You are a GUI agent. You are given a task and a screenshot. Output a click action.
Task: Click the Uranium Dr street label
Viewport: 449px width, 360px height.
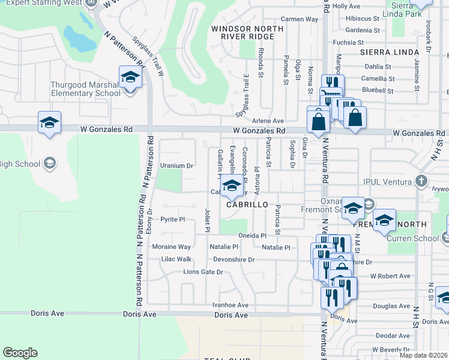click(x=176, y=166)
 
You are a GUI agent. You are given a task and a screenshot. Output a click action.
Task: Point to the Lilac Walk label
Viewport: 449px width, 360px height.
click(x=176, y=259)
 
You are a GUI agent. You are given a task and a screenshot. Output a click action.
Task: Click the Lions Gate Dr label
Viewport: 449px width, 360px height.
click(x=203, y=272)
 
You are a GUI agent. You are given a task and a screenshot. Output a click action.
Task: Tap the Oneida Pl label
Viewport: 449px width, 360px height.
click(x=252, y=236)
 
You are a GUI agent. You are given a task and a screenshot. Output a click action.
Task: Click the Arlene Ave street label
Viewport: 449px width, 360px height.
click(x=268, y=121)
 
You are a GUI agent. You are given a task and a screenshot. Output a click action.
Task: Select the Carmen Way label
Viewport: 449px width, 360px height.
click(x=299, y=19)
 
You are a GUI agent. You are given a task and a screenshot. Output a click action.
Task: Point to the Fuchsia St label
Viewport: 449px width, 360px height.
click(x=349, y=43)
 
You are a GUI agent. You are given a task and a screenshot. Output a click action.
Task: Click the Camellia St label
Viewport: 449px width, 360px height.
click(x=378, y=79)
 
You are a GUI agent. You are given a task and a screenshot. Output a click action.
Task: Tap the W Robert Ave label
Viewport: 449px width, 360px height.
click(x=390, y=276)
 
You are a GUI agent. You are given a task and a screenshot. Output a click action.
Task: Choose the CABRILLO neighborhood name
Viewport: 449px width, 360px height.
click(x=247, y=205)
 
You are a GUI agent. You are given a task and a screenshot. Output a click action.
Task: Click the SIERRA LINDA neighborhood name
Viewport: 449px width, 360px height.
click(x=389, y=53)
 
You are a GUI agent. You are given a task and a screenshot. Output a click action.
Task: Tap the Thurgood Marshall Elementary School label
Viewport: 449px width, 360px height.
click(x=86, y=89)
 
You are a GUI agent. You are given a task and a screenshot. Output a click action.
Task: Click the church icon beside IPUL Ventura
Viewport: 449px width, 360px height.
click(x=422, y=180)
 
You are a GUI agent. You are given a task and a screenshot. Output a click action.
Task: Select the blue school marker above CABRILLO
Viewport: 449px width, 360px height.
click(x=232, y=187)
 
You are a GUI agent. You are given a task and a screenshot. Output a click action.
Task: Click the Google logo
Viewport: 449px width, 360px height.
click(x=20, y=353)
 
